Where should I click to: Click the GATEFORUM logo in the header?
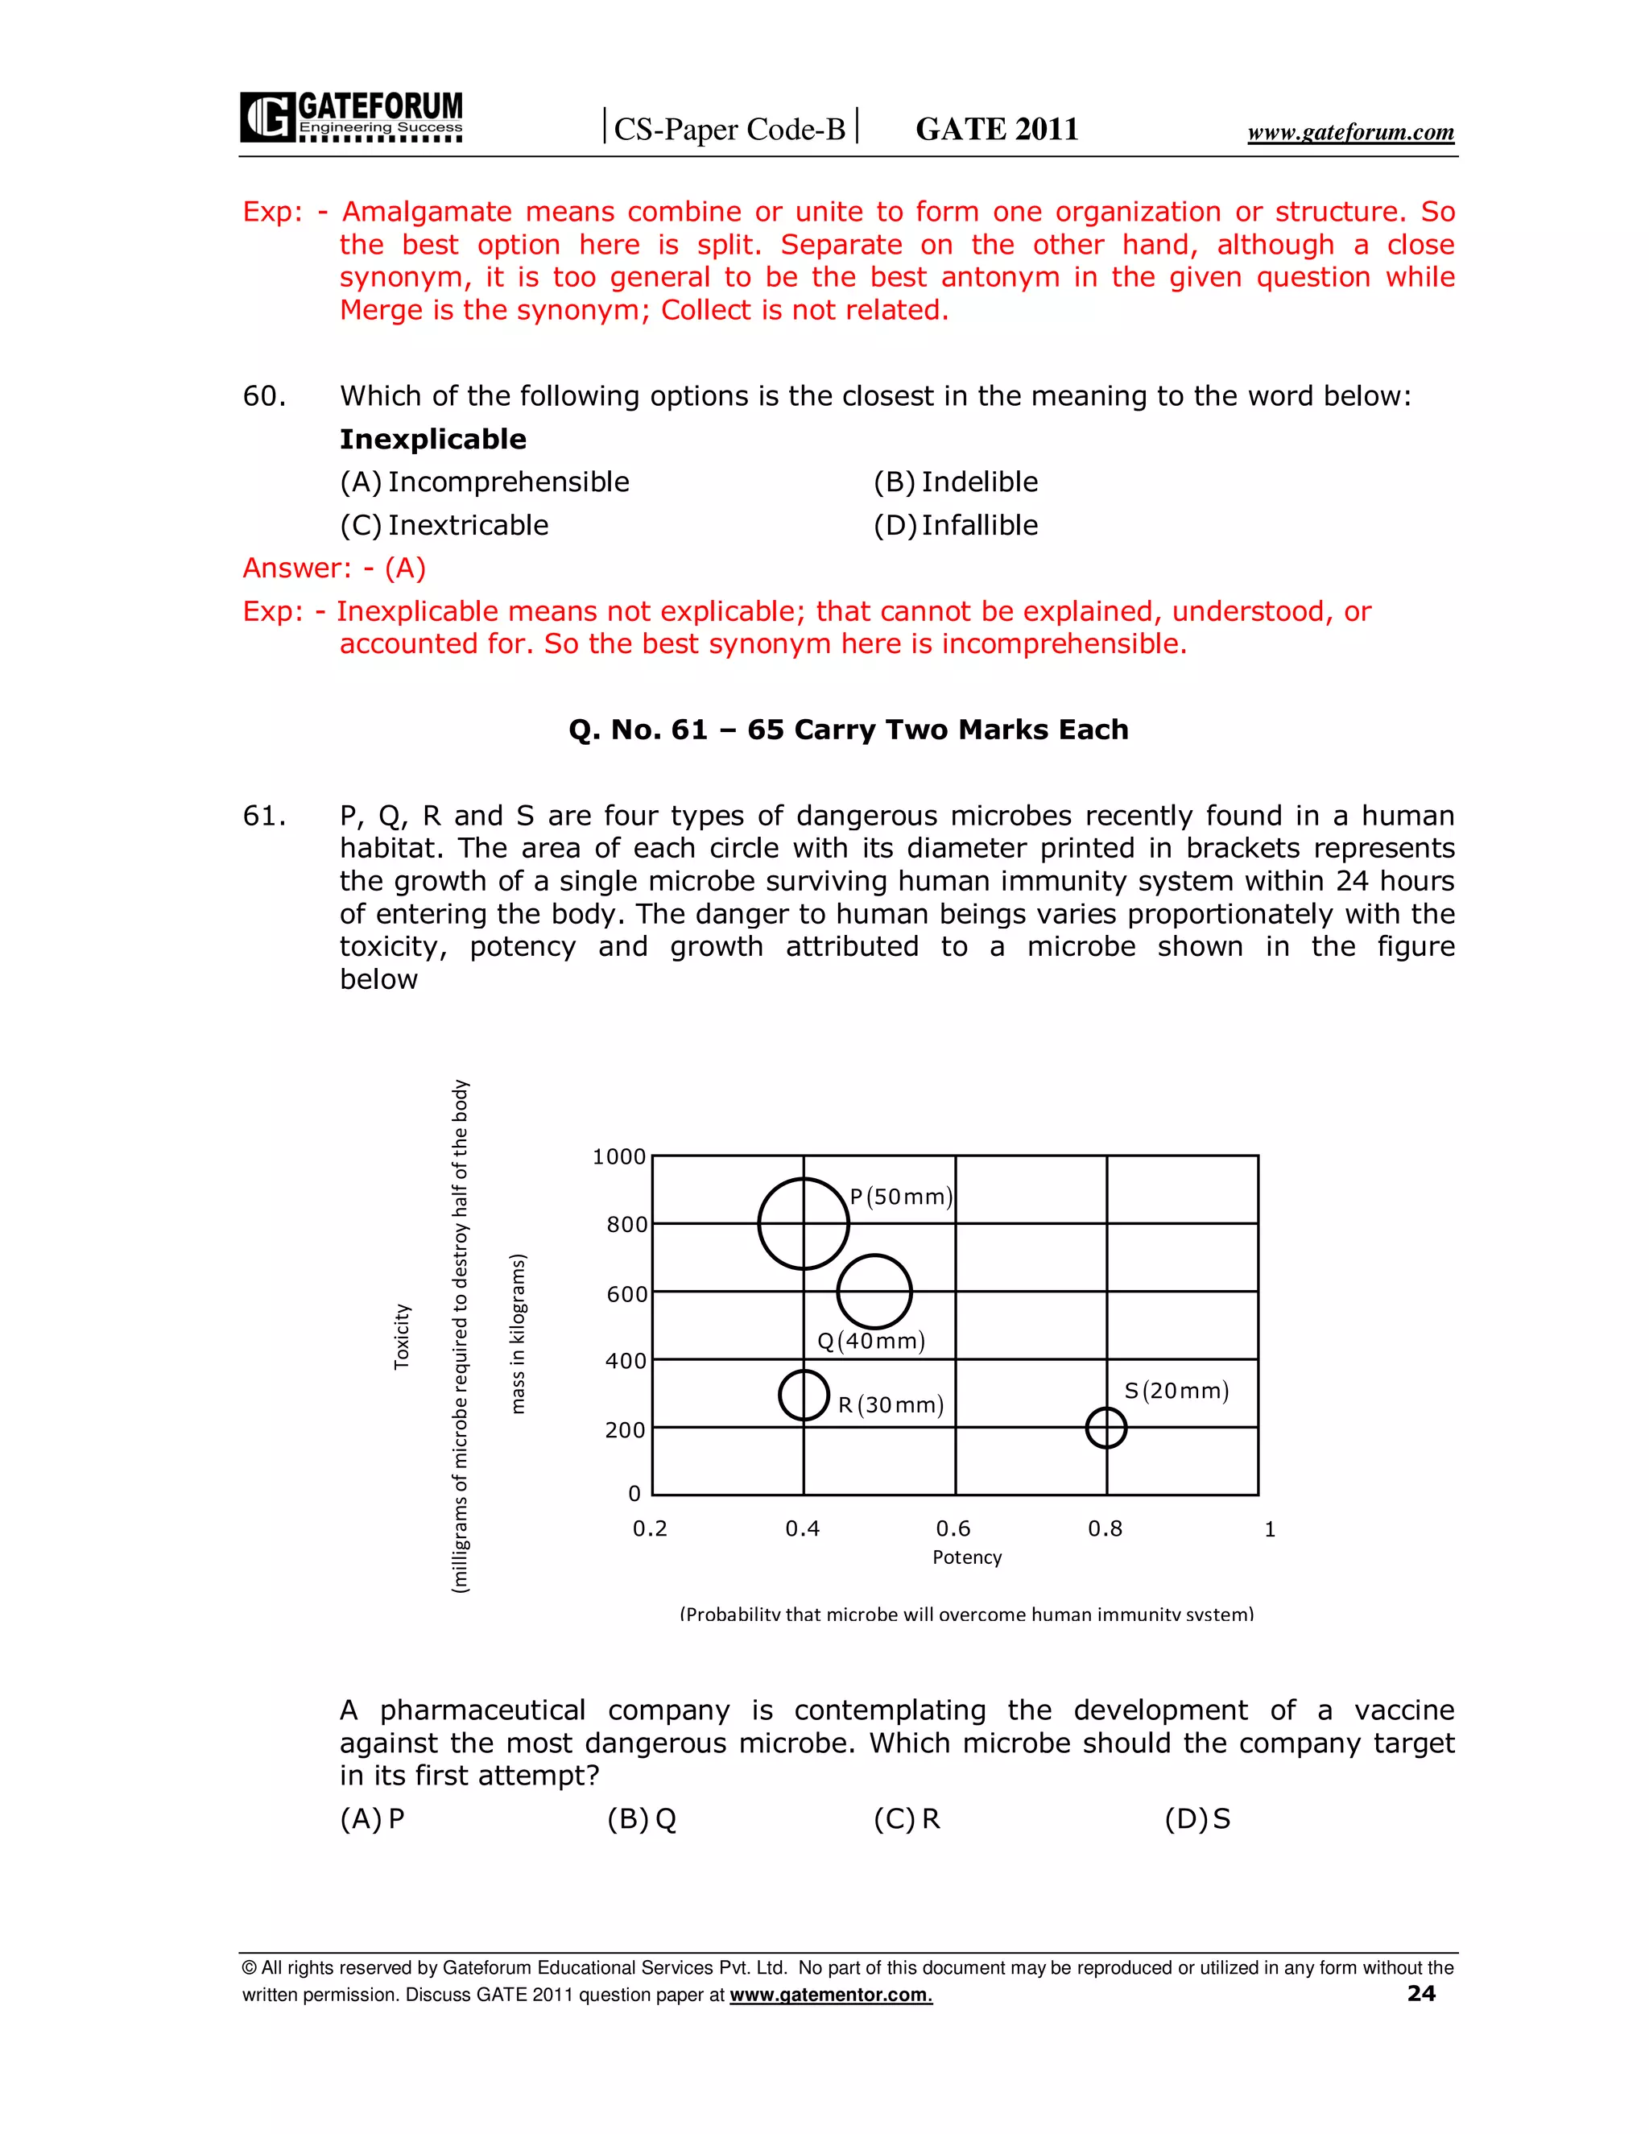pos(352,118)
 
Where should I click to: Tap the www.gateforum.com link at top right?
pos(1350,132)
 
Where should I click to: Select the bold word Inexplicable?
pos(432,440)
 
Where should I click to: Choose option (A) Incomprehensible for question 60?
pos(485,482)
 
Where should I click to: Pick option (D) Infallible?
pos(956,526)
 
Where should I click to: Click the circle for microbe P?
pos(803,1223)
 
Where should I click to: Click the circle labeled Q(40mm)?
pos(874,1292)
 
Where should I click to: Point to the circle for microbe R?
pos(803,1394)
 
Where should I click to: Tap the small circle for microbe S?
pos(1106,1428)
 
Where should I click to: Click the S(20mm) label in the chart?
pos(1176,1391)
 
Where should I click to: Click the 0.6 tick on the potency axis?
pos(953,1528)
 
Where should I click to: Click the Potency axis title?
pos(967,1557)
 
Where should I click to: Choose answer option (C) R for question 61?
pos(907,1819)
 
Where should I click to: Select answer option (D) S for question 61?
pos(1196,1819)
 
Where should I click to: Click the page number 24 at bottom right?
pos(1421,1993)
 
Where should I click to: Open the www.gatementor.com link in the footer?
pos(830,1995)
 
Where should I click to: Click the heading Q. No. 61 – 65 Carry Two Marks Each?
pos(848,730)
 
